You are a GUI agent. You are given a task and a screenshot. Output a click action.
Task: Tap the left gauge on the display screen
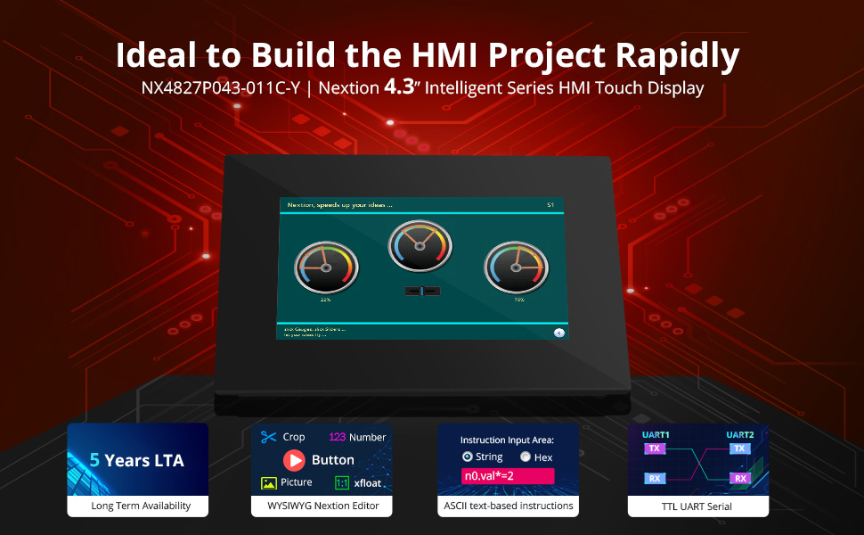coord(326,267)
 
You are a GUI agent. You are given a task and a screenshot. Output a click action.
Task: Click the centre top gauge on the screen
coord(420,246)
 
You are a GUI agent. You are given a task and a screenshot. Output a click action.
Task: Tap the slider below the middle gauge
coord(421,291)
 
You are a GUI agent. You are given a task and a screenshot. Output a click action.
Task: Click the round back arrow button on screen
coord(559,333)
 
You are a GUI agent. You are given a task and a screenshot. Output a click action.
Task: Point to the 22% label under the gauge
coord(326,300)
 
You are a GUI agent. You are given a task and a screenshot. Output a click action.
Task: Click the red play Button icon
coord(294,460)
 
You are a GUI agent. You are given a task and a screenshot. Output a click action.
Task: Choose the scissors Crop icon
coord(269,437)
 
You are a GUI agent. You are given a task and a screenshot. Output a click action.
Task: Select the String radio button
coord(467,457)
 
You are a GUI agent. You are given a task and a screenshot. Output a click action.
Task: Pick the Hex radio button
coord(526,457)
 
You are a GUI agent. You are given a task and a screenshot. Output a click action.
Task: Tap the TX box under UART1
coord(655,449)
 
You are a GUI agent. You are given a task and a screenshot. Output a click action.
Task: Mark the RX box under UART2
coord(738,479)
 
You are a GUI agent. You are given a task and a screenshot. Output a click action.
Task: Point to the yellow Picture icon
coord(269,482)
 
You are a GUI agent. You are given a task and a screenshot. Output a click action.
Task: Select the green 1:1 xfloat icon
coord(341,482)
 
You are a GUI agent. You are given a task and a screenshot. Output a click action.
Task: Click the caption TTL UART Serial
coord(697,506)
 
